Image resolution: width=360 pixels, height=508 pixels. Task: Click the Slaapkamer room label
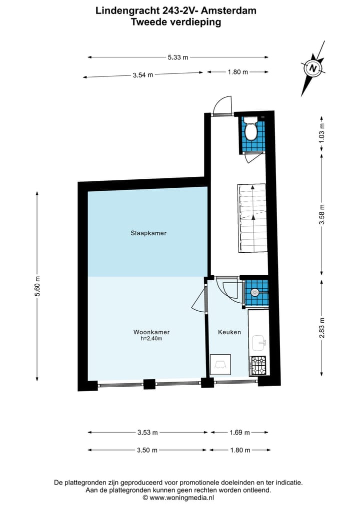point(148,233)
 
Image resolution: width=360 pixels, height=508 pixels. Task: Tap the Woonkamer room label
point(148,332)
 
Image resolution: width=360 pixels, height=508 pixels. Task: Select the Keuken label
point(229,332)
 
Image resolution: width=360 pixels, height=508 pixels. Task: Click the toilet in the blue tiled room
point(250,129)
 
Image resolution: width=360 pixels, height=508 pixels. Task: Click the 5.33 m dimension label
point(178,57)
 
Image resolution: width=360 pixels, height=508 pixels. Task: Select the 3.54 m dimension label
point(143,75)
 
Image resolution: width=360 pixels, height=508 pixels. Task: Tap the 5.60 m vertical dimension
point(37,287)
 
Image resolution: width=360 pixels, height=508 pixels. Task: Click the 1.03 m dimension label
point(322,134)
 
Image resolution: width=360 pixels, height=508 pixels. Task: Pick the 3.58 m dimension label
point(322,214)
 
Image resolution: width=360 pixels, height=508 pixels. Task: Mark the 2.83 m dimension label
point(322,327)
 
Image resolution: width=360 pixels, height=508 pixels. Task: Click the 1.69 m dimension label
point(238,432)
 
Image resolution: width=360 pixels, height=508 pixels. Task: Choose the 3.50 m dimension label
point(147,450)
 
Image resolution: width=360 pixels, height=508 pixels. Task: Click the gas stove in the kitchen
point(258,366)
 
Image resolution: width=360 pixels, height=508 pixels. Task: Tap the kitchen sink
point(259,343)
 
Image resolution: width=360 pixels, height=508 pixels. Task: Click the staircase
point(252,218)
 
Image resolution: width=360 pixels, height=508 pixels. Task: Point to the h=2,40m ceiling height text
point(148,339)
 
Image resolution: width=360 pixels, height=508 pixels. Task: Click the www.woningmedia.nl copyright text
point(178,498)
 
